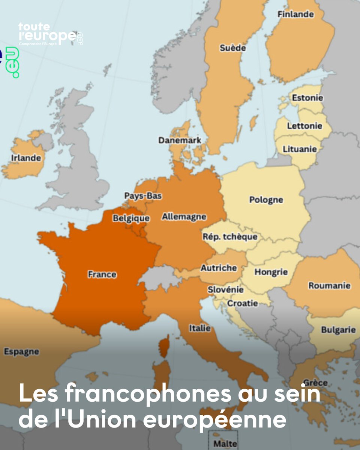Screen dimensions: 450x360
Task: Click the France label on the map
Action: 102,274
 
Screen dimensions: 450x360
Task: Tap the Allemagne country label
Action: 184,217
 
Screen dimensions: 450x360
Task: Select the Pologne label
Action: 266,199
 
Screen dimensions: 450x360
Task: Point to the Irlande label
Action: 26,158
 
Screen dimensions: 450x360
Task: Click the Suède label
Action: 232,48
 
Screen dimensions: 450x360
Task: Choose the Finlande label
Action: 295,14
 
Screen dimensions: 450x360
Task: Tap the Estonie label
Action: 307,97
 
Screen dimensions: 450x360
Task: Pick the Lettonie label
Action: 304,126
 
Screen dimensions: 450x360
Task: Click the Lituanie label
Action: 300,149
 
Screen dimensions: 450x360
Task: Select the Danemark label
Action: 180,140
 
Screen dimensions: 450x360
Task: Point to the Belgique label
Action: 131,218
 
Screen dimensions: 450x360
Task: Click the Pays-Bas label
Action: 143,196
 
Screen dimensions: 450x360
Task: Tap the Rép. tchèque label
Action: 230,237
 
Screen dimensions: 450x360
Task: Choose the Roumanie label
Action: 329,286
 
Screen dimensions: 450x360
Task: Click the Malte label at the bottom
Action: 225,444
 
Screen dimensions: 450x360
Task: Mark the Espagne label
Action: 21,352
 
